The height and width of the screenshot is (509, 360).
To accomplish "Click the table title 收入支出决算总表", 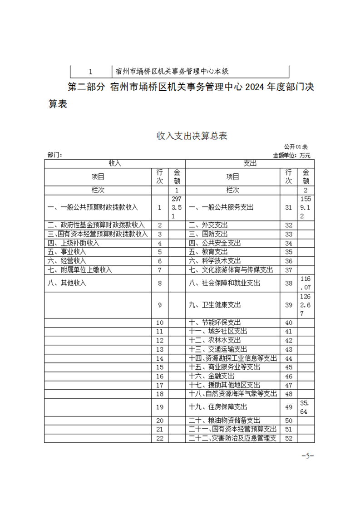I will click(x=192, y=136).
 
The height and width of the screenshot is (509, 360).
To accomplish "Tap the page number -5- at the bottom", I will click(x=308, y=455).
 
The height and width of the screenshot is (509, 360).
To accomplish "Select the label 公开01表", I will click(x=296, y=147).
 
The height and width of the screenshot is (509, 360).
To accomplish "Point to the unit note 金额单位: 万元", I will click(x=291, y=155).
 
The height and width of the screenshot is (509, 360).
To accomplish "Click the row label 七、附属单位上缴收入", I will click(x=80, y=269).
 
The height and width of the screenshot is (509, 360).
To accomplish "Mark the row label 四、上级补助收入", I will click(x=74, y=243).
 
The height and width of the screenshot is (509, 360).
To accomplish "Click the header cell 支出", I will click(x=250, y=163).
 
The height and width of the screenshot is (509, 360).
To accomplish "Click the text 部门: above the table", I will click(x=54, y=155).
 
